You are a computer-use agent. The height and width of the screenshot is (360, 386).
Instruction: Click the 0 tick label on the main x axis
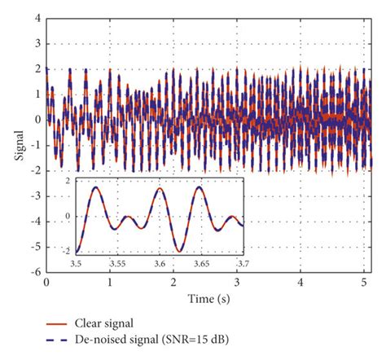click(x=46, y=282)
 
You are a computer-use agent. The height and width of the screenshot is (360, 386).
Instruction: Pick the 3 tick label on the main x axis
click(x=237, y=282)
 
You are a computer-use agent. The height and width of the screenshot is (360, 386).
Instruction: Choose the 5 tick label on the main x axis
click(x=364, y=282)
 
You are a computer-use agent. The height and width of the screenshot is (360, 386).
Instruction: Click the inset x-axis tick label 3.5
click(x=76, y=265)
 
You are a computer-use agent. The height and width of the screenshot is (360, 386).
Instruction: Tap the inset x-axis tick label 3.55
click(x=118, y=265)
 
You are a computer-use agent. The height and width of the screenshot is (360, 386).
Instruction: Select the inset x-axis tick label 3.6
click(x=160, y=265)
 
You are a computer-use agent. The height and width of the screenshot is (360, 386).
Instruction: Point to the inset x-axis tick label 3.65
click(x=201, y=265)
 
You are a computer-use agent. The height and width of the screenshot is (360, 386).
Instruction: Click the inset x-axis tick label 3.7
click(x=242, y=265)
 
